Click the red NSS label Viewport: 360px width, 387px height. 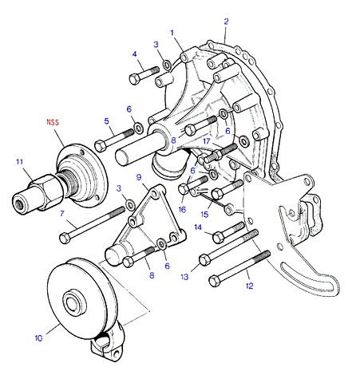click(x=53, y=122)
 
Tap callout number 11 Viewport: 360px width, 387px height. click(x=19, y=162)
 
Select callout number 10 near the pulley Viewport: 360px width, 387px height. click(x=38, y=338)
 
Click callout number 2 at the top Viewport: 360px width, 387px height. click(x=226, y=22)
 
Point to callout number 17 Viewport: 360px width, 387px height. click(x=207, y=141)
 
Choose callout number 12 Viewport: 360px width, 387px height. click(x=249, y=286)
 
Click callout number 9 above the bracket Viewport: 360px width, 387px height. click(x=139, y=177)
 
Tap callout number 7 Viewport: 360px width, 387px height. click(x=62, y=213)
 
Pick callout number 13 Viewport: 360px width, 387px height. click(x=184, y=277)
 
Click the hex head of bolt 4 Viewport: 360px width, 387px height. click(x=134, y=79)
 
